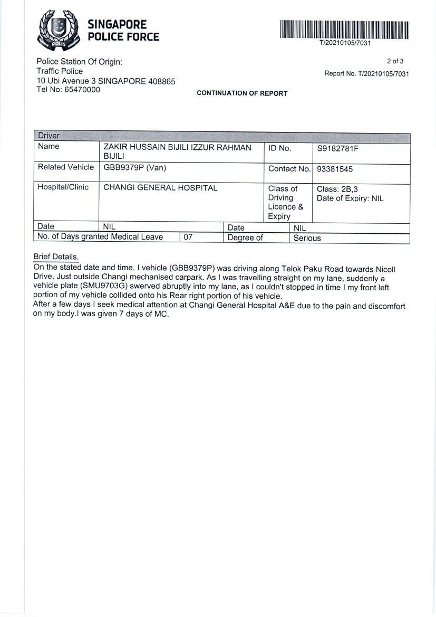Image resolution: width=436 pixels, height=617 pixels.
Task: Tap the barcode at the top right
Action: (x=345, y=30)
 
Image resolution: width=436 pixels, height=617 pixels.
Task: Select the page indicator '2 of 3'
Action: (x=395, y=61)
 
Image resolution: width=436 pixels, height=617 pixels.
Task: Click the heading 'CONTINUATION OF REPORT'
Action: (x=242, y=93)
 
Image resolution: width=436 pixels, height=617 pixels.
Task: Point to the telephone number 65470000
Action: (x=82, y=90)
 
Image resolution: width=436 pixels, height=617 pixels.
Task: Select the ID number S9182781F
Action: (x=337, y=149)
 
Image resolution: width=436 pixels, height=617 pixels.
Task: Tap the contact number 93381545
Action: (x=335, y=169)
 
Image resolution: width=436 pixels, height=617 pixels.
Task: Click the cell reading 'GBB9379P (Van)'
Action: (x=134, y=168)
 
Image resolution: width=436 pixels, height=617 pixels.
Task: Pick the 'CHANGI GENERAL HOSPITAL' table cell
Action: (x=160, y=188)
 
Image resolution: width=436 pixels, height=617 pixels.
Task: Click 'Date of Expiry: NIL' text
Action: (x=350, y=198)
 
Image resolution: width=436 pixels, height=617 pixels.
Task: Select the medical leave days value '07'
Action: (x=188, y=238)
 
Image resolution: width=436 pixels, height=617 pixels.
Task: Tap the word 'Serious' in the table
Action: (x=307, y=238)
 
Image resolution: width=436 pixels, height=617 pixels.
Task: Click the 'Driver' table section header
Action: (x=49, y=136)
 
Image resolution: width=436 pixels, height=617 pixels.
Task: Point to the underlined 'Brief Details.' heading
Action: (x=56, y=257)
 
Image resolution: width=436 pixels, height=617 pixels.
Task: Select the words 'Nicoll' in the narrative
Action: (x=385, y=269)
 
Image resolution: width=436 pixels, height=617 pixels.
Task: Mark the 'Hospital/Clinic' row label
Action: (x=63, y=187)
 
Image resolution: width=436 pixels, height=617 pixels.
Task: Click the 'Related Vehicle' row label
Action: (x=66, y=167)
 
